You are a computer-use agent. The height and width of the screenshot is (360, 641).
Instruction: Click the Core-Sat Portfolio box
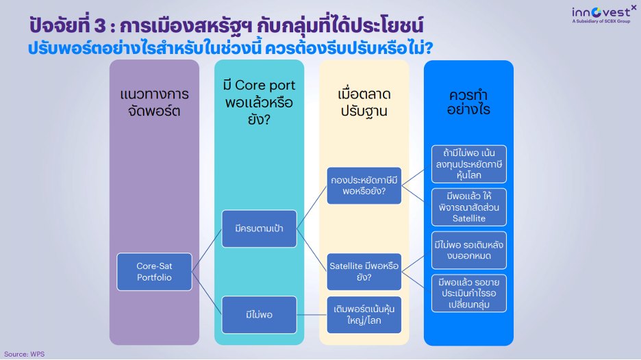tap(154, 272)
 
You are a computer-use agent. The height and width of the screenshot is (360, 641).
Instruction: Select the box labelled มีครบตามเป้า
tap(259, 228)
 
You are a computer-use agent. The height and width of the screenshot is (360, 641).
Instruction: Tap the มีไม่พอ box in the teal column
tap(259, 314)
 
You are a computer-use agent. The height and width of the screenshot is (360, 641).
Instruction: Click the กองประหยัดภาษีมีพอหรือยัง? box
tap(364, 185)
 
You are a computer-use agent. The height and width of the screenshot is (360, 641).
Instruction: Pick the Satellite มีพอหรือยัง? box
tap(364, 272)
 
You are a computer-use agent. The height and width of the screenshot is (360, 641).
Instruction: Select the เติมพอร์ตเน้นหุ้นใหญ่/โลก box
tap(364, 314)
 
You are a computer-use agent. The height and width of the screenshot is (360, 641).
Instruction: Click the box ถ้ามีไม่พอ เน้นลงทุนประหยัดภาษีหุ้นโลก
tap(469, 164)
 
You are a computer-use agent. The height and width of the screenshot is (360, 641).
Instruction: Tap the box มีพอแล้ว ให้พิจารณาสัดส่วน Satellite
tap(469, 207)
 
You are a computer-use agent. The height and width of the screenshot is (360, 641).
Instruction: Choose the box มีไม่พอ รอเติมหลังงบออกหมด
tap(469, 250)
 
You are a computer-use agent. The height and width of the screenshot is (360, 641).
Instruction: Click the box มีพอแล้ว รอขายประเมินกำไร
tap(469, 293)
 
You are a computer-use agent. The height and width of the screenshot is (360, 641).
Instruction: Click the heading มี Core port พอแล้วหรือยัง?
tap(259, 101)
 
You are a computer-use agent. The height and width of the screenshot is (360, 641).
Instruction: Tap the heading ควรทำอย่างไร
tap(469, 101)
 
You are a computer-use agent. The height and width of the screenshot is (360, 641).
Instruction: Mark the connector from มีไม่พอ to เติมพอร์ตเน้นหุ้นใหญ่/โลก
tap(312, 314)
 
